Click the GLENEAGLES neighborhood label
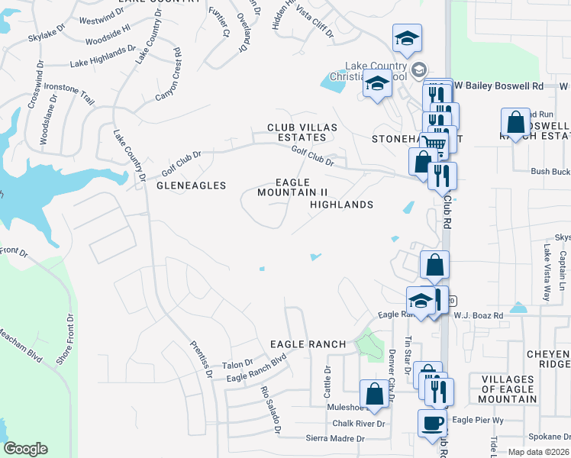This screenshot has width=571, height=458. tap(192, 185)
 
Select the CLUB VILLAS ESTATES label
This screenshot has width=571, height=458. tap(296, 132)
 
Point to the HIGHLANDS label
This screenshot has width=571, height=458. tap(341, 205)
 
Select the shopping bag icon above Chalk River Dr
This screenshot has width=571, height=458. tap(374, 395)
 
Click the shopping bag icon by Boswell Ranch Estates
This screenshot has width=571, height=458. tap(516, 122)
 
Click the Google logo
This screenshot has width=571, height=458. tap(25, 449)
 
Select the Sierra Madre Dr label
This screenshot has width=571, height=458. tap(335, 438)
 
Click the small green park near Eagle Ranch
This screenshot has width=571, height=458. tap(371, 344)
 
